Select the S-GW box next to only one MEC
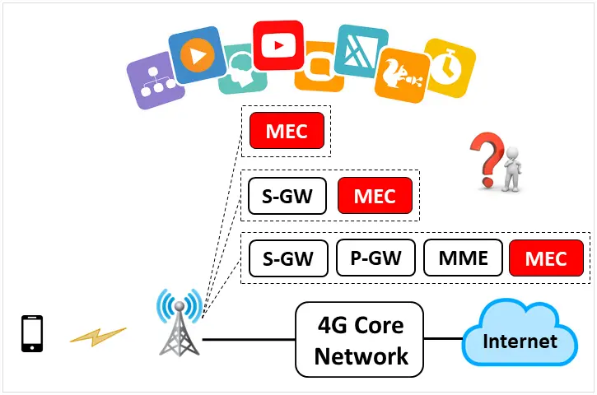click(x=287, y=197)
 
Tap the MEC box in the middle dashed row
click(x=375, y=197)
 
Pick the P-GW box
click(x=375, y=258)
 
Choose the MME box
click(x=462, y=258)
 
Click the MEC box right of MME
click(x=546, y=258)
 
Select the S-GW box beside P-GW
click(x=287, y=258)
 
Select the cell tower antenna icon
click(x=180, y=321)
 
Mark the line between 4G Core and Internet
click(x=443, y=338)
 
